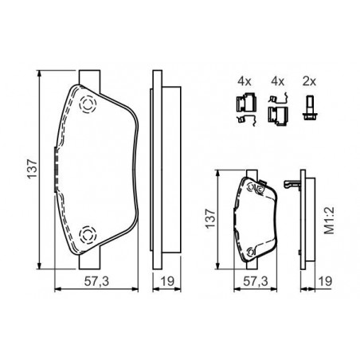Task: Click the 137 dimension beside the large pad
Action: click(x=32, y=169)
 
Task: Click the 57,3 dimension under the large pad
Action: click(x=96, y=281)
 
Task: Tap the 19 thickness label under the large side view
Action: click(x=167, y=281)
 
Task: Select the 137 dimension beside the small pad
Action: click(x=210, y=218)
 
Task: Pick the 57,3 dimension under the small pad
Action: click(x=256, y=281)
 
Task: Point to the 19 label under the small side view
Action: click(x=325, y=281)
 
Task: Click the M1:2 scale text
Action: click(x=329, y=221)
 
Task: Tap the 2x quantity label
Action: click(x=309, y=81)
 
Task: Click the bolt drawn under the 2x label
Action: click(x=310, y=108)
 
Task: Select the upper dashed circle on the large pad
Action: click(x=88, y=104)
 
